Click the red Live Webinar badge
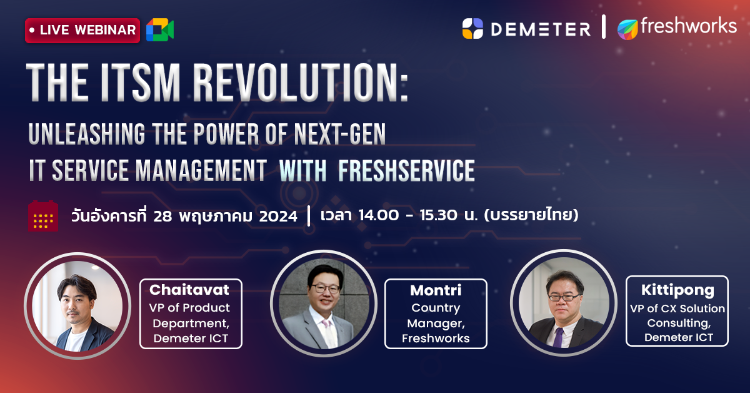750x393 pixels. click(82, 30)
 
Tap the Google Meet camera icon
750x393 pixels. click(160, 29)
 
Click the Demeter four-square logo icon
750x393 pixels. click(472, 29)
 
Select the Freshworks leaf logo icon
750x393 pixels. click(627, 29)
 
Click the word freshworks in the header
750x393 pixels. click(689, 26)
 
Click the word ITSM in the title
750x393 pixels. click(141, 83)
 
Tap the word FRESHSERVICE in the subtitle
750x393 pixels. click(406, 171)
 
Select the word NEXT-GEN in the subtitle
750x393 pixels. click(340, 134)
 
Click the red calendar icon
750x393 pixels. click(43, 216)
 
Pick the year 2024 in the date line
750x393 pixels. click(278, 217)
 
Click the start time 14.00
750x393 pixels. click(378, 215)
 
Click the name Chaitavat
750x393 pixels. click(189, 290)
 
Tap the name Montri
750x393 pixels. click(436, 290)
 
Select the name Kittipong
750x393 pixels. click(677, 290)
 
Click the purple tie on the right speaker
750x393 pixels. click(557, 337)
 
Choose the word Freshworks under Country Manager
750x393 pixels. click(436, 339)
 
